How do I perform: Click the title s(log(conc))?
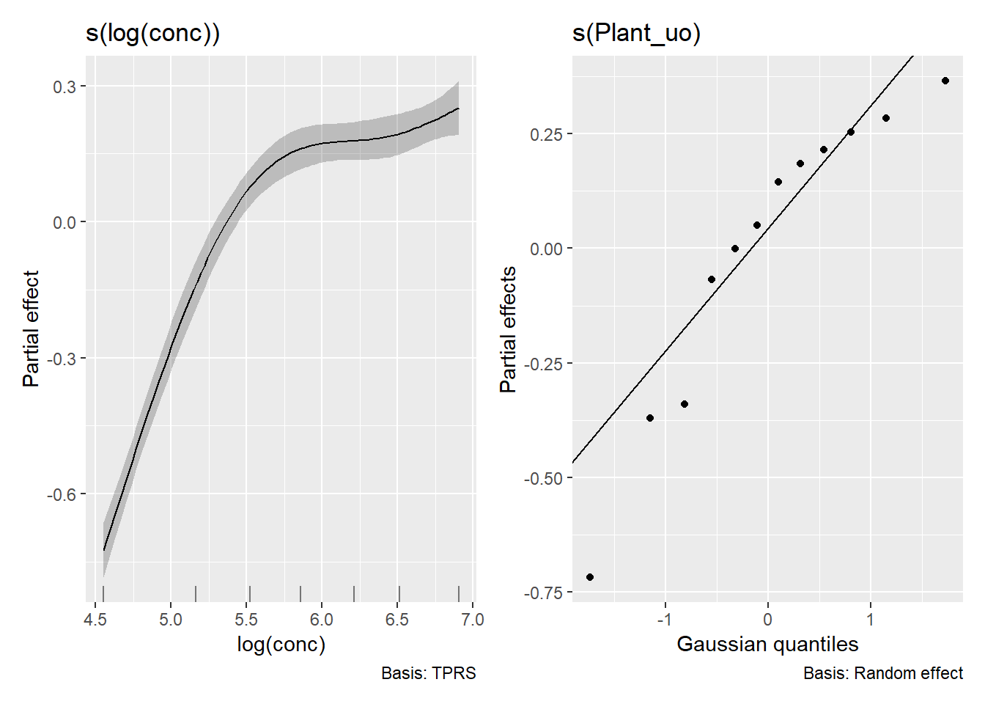click(152, 34)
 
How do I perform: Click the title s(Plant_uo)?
click(636, 34)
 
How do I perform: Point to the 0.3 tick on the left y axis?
click(64, 87)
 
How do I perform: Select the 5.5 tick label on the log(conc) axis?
click(246, 620)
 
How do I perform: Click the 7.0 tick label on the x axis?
click(473, 620)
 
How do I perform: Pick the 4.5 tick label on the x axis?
click(95, 620)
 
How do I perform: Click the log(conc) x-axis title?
click(281, 645)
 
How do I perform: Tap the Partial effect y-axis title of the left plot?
click(31, 329)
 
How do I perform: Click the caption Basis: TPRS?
click(428, 673)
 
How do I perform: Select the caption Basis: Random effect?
click(882, 673)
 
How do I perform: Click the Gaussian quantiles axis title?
click(767, 645)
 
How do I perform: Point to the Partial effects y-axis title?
click(508, 329)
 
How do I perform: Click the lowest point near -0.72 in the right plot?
click(590, 577)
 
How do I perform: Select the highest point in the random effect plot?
click(945, 81)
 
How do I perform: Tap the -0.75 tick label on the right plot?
click(544, 593)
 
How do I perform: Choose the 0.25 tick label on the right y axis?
click(547, 134)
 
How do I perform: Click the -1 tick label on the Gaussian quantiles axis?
click(664, 620)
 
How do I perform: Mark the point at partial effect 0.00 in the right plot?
click(735, 249)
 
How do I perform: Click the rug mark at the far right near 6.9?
click(459, 593)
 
